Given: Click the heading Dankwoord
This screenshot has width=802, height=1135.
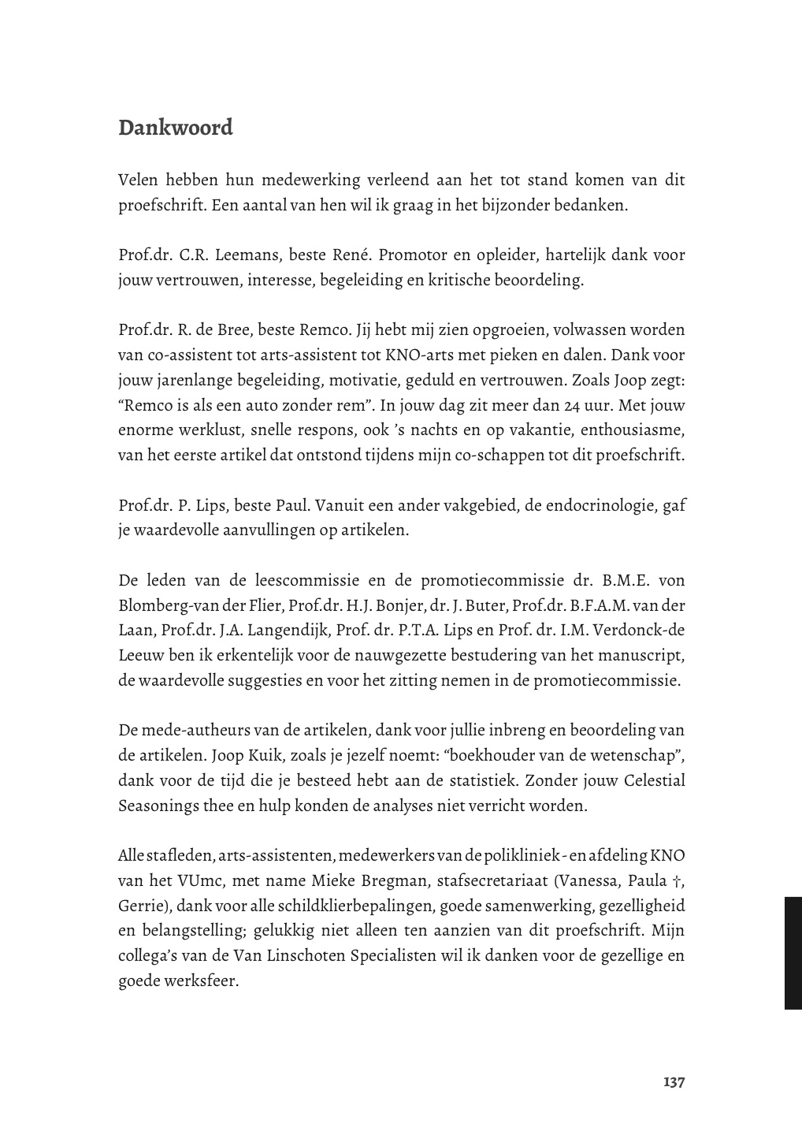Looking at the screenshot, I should (x=176, y=128).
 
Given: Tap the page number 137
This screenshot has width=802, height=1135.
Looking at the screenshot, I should (x=674, y=1081).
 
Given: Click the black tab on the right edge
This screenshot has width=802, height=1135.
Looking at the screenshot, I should (x=793, y=952).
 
